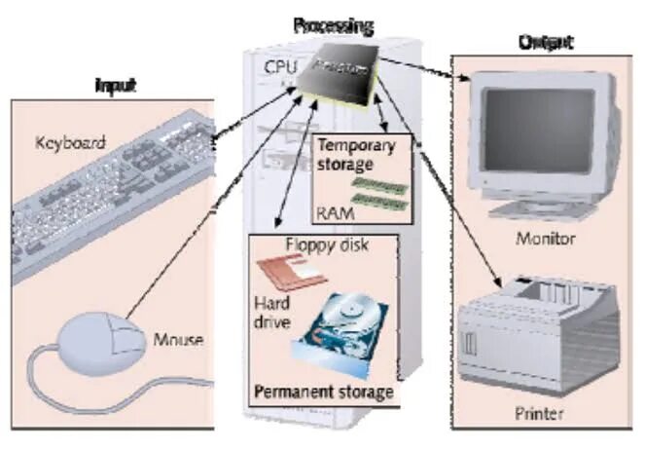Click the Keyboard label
[x=70, y=142]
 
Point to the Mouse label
[x=179, y=340]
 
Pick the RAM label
[x=334, y=210]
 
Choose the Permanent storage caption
[x=323, y=393]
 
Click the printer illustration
[x=540, y=326]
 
